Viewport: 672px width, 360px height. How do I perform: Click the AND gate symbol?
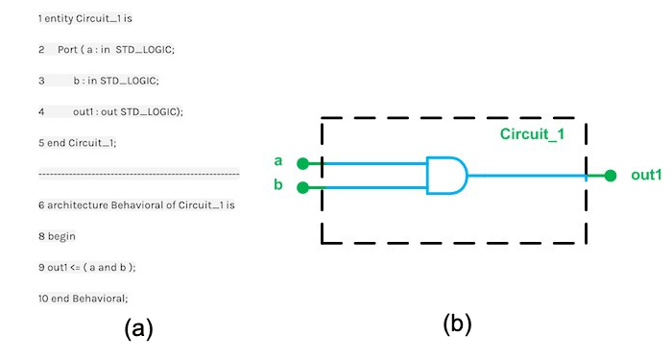pos(446,176)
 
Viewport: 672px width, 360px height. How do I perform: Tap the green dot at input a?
pos(302,164)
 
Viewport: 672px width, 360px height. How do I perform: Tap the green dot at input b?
pos(302,187)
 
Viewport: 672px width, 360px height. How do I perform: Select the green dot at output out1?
pos(611,176)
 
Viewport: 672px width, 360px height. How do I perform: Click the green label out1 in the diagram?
pos(646,175)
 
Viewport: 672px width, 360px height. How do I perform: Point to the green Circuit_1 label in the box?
pos(533,134)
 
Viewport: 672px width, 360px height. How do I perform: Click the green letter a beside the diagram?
pos(278,160)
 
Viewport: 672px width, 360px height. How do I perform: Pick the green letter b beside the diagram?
pos(278,183)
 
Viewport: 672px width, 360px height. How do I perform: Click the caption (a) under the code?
pos(138,329)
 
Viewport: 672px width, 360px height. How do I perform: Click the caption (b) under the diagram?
pos(457,324)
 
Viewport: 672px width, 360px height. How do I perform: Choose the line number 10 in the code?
pos(43,298)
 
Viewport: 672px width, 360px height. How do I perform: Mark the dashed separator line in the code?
pos(138,174)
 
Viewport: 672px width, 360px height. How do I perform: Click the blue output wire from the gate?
pos(528,176)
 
